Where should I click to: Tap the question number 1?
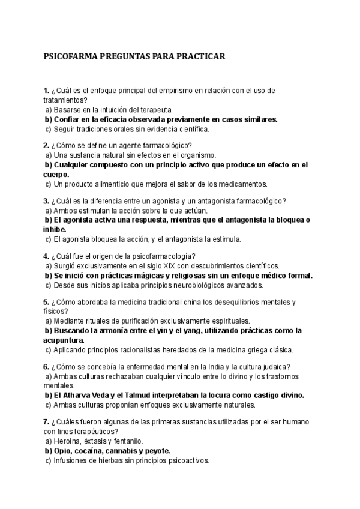point(46,91)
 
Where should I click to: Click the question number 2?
point(46,146)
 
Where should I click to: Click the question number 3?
point(46,201)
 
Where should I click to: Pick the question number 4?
point(46,256)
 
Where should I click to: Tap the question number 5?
point(46,302)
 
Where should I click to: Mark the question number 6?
point(46,367)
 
